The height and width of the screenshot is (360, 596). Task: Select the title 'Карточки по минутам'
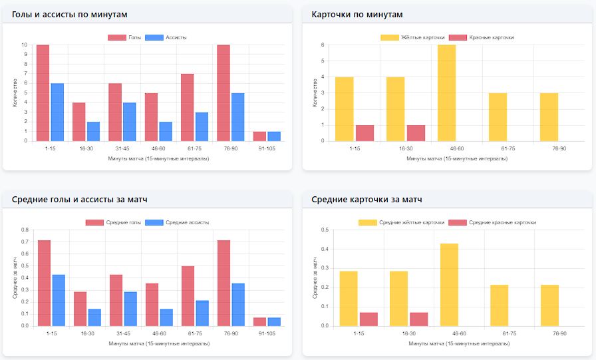357,14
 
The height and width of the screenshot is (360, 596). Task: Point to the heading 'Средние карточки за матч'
367,199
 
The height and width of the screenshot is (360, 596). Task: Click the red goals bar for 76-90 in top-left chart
223,93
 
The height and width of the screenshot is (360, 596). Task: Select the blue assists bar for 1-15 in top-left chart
57,112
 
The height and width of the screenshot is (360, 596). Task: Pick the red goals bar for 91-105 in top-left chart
259,136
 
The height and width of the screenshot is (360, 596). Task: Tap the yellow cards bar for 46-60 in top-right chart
446,93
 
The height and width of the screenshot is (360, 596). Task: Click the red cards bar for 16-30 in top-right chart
416,132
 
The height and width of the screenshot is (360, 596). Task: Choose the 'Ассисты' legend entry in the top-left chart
166,37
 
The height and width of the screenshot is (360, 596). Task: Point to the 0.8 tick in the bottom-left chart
25,230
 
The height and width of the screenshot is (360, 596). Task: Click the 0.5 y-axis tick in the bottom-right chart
325,230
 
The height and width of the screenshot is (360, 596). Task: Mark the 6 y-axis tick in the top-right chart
323,45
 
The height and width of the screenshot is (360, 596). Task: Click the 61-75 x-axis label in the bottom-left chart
194,333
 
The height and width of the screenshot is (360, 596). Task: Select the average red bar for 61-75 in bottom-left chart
188,296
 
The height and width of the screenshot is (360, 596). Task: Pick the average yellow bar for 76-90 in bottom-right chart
549,305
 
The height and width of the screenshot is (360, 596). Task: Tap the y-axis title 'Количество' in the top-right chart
315,93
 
